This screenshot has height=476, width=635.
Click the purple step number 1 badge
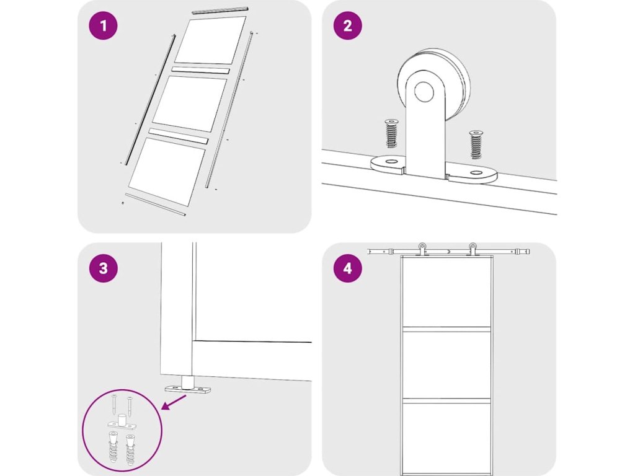[104, 25]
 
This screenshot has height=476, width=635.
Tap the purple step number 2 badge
[347, 25]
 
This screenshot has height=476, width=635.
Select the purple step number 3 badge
[104, 268]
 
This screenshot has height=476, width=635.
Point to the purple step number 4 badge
[347, 268]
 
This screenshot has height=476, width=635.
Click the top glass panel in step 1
[210, 40]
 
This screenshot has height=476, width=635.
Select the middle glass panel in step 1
[190, 104]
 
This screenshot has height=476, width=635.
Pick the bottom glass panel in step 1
[167, 171]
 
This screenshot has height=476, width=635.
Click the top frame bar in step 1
[219, 10]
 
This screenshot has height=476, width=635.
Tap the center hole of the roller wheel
[424, 92]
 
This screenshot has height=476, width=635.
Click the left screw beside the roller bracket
[391, 133]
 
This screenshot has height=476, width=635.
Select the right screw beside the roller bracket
[476, 144]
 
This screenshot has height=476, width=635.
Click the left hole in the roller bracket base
[391, 162]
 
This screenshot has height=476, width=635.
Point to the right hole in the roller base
[476, 174]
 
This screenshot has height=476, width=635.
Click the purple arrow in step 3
[174, 403]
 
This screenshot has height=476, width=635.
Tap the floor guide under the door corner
[188, 386]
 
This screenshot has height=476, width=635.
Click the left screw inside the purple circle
[114, 405]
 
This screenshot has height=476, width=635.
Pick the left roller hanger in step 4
[422, 249]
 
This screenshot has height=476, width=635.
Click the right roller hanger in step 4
[472, 249]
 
